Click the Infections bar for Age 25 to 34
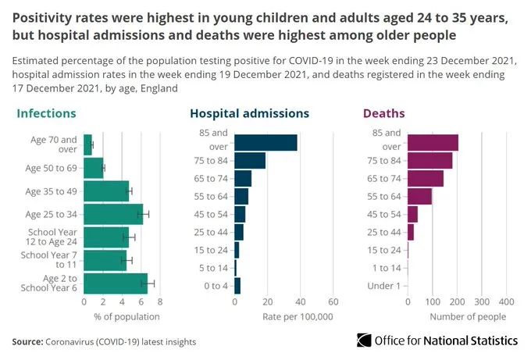pos(113,214)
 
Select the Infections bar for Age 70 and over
pos(87,144)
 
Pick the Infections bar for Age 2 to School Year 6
pos(116,283)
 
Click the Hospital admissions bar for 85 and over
pos(265,142)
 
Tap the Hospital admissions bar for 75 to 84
pos(250,160)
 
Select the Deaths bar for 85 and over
pos(433,142)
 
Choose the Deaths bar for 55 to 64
pos(419,196)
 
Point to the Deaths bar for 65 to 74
pos(426,178)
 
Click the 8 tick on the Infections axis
pos(159,301)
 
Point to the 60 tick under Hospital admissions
pos(333,301)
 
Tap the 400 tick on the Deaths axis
pos(505,301)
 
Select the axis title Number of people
pos(467,316)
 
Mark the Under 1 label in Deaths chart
pos(385,286)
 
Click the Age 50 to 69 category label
pos(52,168)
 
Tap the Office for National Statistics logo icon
pos(364,340)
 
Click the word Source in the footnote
pos(26,341)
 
